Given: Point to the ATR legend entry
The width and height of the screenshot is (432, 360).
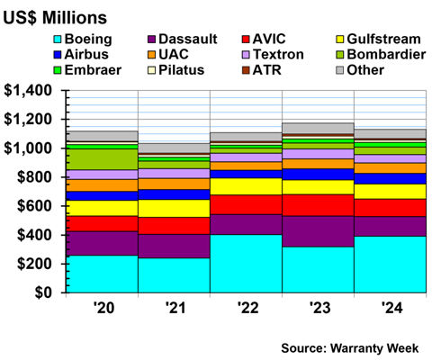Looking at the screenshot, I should tap(272, 69).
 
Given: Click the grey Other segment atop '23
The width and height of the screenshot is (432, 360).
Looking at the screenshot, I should tap(318, 128).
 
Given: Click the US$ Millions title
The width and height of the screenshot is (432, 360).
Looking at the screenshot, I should tap(55, 16).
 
